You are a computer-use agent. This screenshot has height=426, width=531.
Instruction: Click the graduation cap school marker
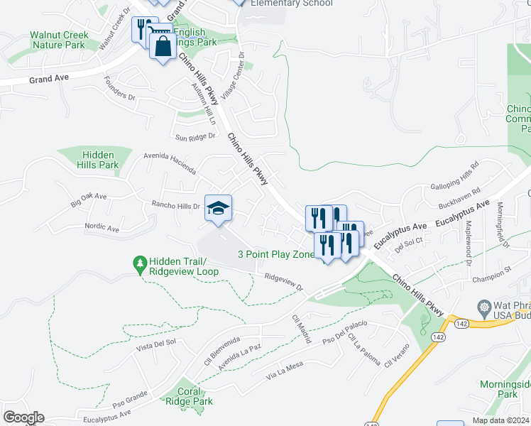point(219,208)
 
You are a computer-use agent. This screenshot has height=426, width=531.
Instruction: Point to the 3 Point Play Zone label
point(275,254)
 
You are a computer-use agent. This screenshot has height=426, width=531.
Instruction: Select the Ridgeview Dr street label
point(283,283)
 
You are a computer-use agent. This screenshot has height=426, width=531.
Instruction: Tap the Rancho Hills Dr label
point(176,207)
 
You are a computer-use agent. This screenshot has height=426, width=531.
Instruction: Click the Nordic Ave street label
point(102,229)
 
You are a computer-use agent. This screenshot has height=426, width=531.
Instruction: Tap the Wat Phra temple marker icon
point(485,308)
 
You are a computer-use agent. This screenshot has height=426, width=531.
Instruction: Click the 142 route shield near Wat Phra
point(462,323)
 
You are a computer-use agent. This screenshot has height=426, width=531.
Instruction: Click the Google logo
point(23,417)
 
